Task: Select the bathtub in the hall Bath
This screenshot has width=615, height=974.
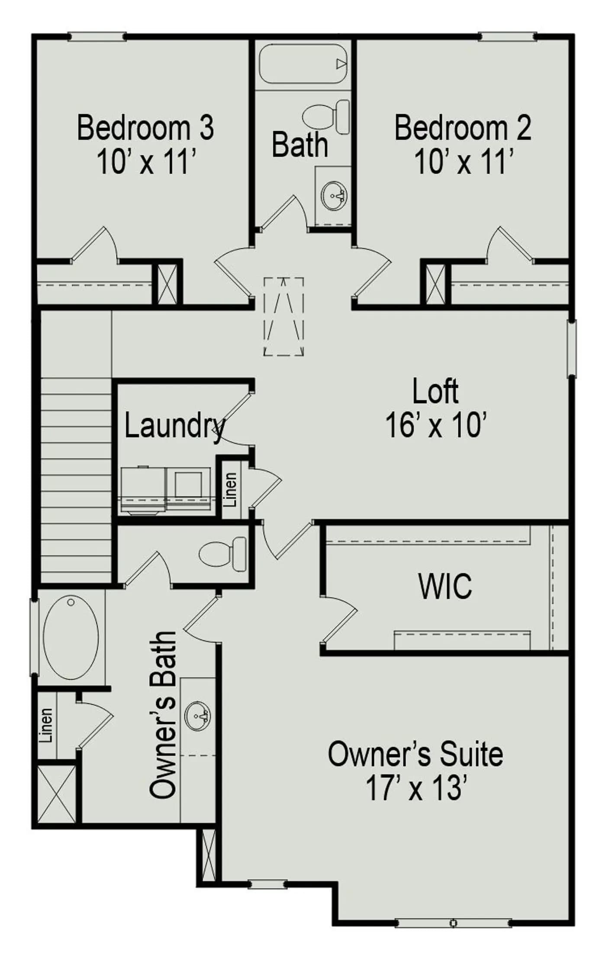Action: click(x=303, y=64)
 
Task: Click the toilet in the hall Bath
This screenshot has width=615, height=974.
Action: click(x=326, y=117)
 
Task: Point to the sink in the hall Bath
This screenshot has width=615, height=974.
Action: click(x=334, y=196)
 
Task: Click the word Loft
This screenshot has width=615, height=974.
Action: click(x=435, y=391)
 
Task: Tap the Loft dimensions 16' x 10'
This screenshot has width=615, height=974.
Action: click(x=437, y=425)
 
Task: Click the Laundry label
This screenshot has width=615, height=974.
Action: click(x=175, y=427)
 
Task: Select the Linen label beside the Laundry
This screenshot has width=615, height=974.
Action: click(x=230, y=490)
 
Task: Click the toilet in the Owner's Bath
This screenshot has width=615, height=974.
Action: click(x=222, y=554)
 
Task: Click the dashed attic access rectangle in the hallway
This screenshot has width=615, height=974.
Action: click(x=283, y=316)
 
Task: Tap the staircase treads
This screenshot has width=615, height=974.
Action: click(x=76, y=480)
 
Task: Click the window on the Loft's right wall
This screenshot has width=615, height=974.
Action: click(x=572, y=349)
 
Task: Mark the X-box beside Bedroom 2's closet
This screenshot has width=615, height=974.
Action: click(x=435, y=284)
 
